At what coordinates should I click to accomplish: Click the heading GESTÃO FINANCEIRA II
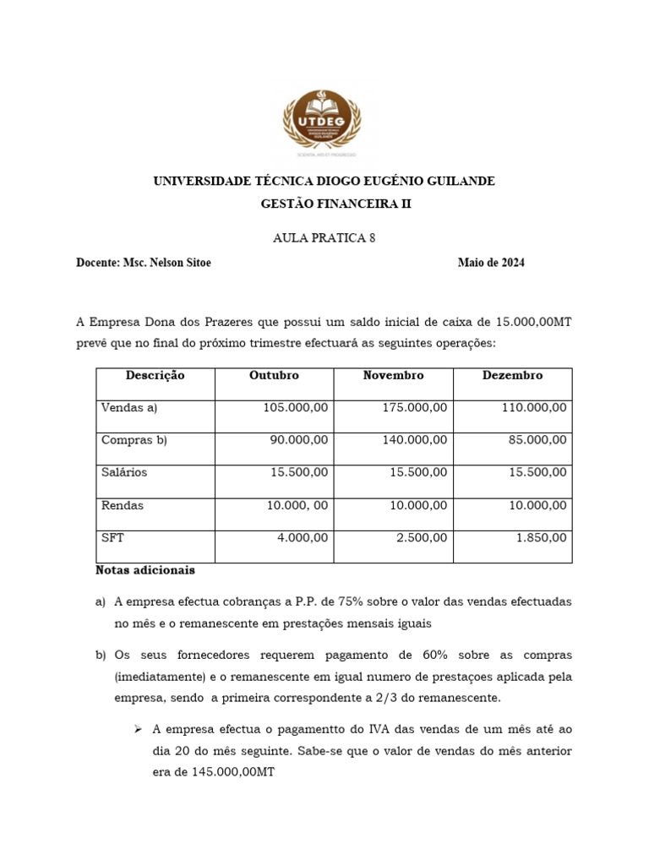click(x=324, y=204)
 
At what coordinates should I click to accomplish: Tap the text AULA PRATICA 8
click(x=324, y=237)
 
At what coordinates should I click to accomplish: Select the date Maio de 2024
click(x=491, y=263)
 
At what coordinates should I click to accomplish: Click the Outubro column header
click(x=274, y=375)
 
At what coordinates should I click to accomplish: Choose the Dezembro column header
click(x=512, y=375)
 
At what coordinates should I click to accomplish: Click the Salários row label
click(x=123, y=472)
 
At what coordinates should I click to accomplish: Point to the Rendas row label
click(x=122, y=505)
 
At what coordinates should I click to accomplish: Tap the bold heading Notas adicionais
click(x=145, y=570)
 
